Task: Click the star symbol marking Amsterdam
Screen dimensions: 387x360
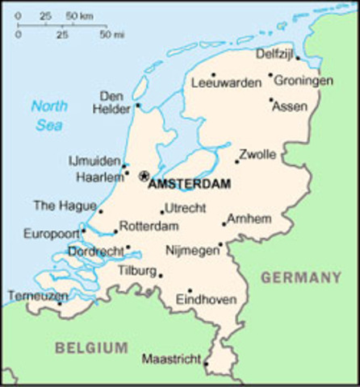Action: pyautogui.click(x=144, y=176)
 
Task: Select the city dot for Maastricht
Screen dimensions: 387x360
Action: pyautogui.click(x=206, y=364)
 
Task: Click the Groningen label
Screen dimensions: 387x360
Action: pyautogui.click(x=303, y=81)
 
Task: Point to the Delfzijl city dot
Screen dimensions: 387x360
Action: pyautogui.click(x=297, y=58)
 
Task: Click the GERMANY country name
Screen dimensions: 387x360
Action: pyautogui.click(x=300, y=277)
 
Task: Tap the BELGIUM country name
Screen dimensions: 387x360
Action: pyautogui.click(x=91, y=347)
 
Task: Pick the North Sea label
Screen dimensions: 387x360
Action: pyautogui.click(x=49, y=114)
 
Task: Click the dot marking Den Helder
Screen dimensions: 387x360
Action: pyautogui.click(x=138, y=104)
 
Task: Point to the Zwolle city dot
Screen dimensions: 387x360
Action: pyautogui.click(x=237, y=161)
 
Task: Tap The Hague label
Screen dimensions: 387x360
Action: pyautogui.click(x=64, y=205)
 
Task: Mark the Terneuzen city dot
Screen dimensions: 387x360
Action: pyautogui.click(x=59, y=304)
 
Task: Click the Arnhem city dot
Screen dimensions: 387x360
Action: pyautogui.click(x=224, y=224)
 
